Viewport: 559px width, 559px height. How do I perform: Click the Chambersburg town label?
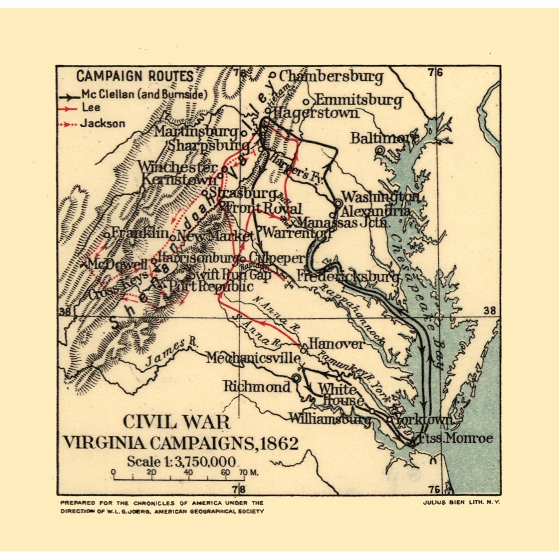point(331,77)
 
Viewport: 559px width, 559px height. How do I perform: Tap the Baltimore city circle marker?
point(379,150)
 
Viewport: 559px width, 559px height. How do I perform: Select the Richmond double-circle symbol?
point(296,378)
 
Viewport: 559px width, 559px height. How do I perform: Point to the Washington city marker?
point(338,203)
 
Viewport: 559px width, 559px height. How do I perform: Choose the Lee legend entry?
point(91,107)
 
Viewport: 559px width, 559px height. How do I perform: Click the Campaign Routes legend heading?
point(135,76)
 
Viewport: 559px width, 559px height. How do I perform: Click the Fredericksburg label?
point(347,277)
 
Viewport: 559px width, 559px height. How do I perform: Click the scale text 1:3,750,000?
point(181,461)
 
